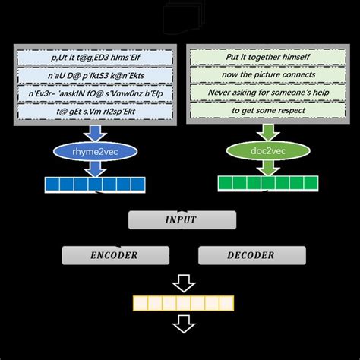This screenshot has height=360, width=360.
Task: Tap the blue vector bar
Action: (x=96, y=184)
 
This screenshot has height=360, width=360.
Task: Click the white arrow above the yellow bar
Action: (x=182, y=283)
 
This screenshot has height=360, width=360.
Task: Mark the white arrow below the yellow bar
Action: (x=182, y=324)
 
